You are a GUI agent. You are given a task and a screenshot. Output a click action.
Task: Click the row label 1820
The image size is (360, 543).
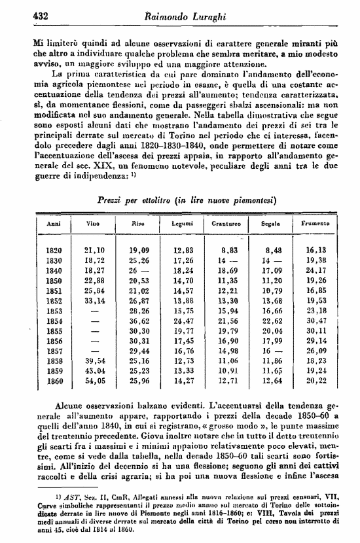(x=54, y=250)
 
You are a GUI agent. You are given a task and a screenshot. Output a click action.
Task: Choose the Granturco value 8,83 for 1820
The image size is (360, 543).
(x=228, y=250)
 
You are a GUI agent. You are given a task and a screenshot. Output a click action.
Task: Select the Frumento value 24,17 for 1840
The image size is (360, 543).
(x=316, y=270)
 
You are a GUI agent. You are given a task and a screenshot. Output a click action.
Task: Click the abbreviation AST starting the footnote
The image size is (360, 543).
(x=56, y=500)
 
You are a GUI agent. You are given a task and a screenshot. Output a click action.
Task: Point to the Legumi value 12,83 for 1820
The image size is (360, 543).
(x=183, y=250)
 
